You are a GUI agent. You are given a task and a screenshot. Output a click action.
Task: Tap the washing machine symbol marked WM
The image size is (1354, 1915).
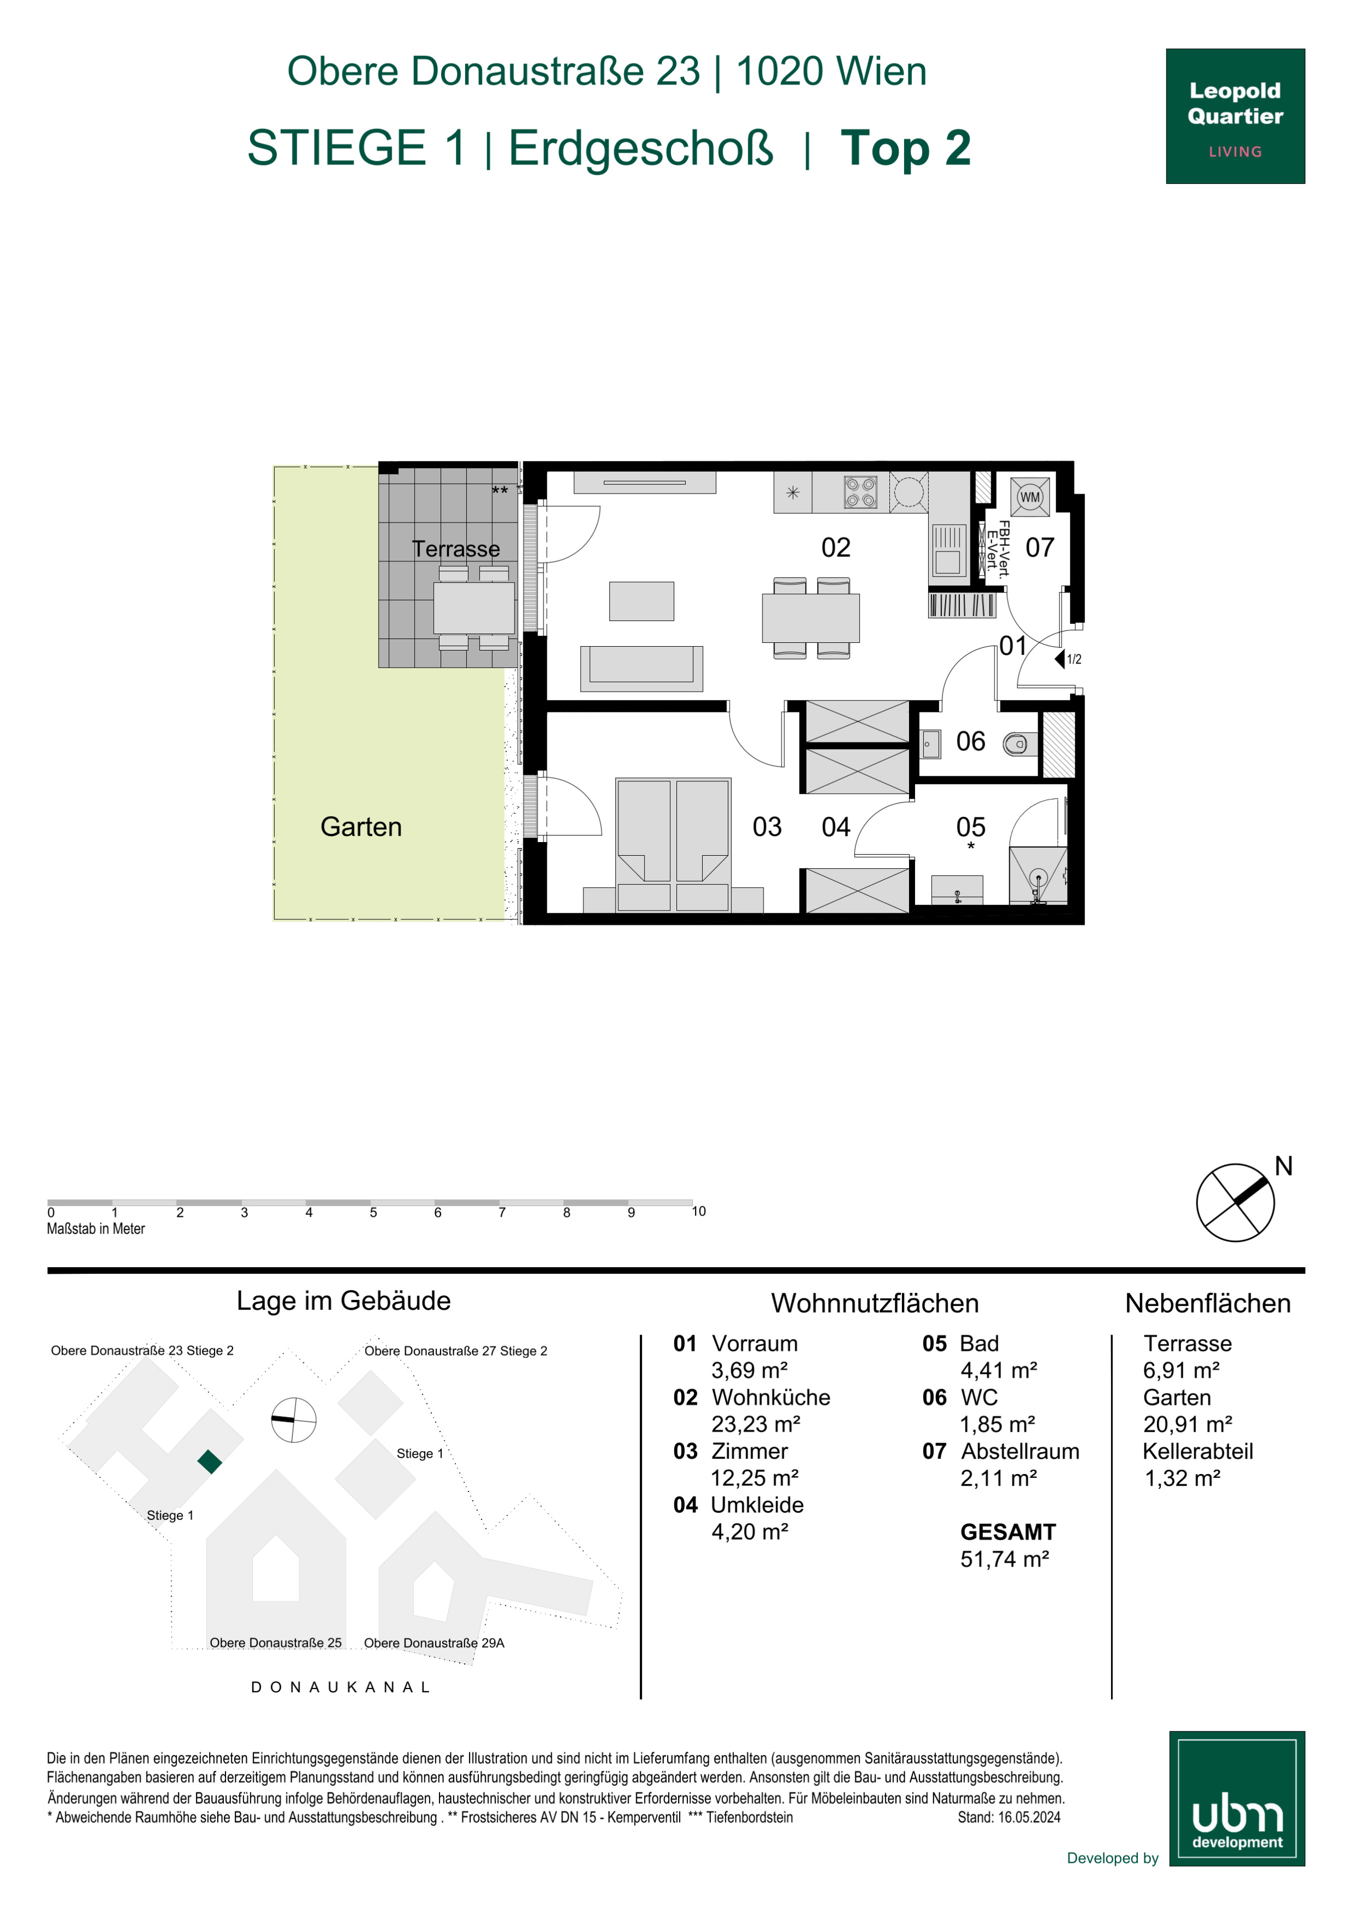pyautogui.click(x=1031, y=497)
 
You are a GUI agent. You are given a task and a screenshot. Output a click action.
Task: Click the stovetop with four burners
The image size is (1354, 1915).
pyautogui.click(x=860, y=492)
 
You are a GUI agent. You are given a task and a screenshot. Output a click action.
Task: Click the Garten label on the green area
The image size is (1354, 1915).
pyautogui.click(x=361, y=827)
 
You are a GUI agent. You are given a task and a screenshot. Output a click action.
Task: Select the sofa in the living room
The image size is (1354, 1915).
pyautogui.click(x=641, y=668)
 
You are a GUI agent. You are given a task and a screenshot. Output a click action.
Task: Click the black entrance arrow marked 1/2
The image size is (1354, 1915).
pyautogui.click(x=1060, y=659)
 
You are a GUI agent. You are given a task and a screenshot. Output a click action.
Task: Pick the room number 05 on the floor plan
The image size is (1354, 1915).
pyautogui.click(x=970, y=827)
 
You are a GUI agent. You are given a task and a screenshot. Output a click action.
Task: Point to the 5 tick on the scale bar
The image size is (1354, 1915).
pyautogui.click(x=373, y=1212)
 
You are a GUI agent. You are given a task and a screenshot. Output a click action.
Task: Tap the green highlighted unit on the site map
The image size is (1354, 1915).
pyautogui.click(x=210, y=1461)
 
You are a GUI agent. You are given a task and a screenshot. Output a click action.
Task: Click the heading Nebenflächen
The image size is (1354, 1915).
pyautogui.click(x=1207, y=1303)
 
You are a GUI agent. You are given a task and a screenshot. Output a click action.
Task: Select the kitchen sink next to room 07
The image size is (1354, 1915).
pyautogui.click(x=948, y=550)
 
